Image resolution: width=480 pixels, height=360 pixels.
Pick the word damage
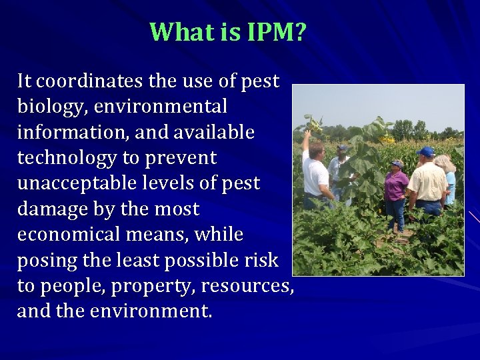(x=54, y=209)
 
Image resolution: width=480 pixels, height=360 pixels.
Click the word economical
(x=73, y=235)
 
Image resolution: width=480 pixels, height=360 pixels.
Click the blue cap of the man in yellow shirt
(x=425, y=152)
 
